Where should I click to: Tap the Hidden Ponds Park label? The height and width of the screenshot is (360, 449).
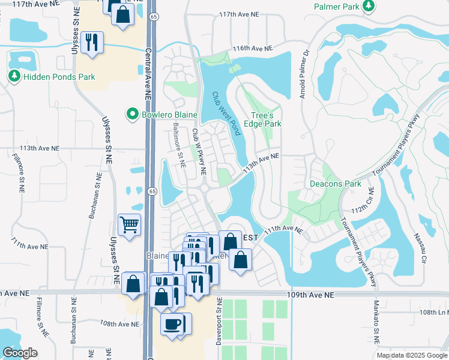click(x=58, y=77)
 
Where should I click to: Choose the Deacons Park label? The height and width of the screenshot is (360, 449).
click(x=334, y=183)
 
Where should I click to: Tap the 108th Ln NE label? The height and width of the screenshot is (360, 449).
click(x=433, y=313)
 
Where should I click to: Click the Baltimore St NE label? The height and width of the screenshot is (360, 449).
click(x=178, y=145)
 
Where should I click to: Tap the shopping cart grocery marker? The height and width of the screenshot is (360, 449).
click(x=130, y=225)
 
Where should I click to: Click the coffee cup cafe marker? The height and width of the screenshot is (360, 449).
click(x=173, y=324)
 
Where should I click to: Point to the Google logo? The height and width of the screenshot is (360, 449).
click(x=20, y=353)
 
